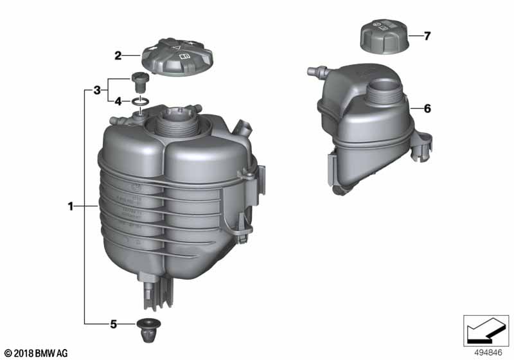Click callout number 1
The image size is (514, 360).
(x=71, y=206)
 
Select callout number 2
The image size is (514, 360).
(x=118, y=56)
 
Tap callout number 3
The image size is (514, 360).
(x=97, y=90)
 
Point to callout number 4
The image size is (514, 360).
(x=118, y=101)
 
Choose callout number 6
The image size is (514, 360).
(x=427, y=109)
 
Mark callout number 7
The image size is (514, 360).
(x=427, y=36)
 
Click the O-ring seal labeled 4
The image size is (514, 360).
(x=142, y=101)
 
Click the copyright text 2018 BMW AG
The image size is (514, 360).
(x=35, y=353)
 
